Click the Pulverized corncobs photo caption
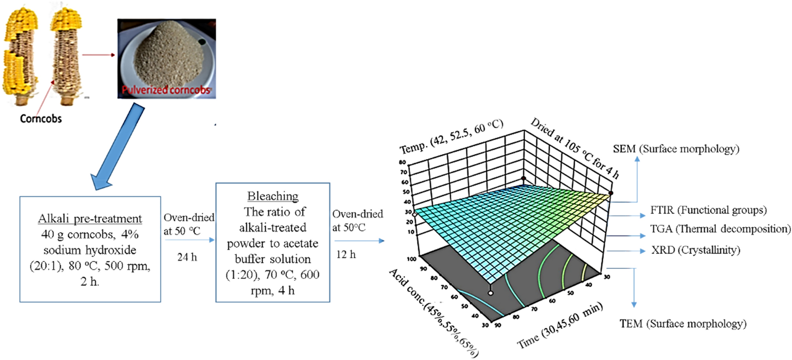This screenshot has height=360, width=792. (166, 90)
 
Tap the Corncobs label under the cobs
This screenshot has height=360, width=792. (41, 118)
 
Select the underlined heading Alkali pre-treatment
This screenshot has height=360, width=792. (90, 219)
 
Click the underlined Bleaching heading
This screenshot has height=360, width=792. (273, 196)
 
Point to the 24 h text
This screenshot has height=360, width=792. (187, 257)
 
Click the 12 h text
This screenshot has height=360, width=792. (346, 255)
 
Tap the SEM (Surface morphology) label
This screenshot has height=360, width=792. (676, 149)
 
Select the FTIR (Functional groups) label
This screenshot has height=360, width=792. (708, 210)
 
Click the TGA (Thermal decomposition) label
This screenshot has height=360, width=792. (720, 229)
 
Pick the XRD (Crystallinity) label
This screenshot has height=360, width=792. (696, 250)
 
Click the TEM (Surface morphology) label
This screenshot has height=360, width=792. (683, 324)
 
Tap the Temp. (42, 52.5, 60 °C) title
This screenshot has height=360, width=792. (452, 137)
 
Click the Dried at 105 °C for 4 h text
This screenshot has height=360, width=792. (574, 148)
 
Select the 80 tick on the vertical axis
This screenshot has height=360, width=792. (402, 162)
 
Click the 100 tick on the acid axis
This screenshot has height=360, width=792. (412, 259)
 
